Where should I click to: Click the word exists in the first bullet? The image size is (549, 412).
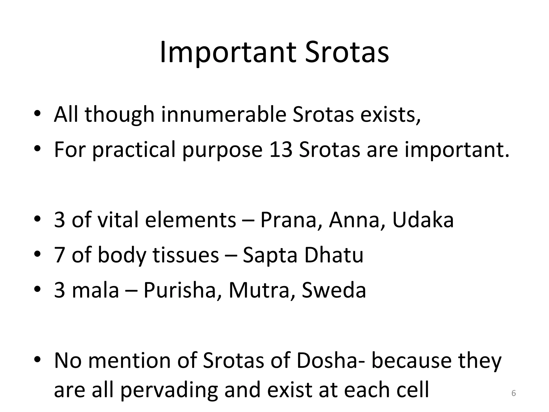click(390, 115)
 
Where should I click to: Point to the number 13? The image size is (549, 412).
click(281, 149)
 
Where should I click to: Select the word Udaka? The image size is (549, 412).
click(423, 220)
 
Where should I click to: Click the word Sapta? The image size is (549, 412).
click(270, 255)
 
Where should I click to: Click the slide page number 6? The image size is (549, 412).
click(514, 393)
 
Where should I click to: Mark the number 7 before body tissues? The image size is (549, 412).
click(59, 255)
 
